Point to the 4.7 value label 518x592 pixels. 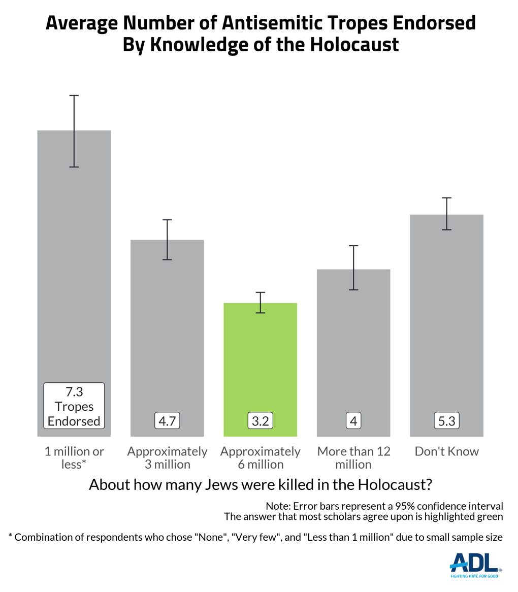pos(167,421)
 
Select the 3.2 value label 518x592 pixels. pos(260,421)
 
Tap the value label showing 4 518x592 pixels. pos(353,421)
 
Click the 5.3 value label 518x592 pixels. pos(446,421)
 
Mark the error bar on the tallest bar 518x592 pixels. pos(74,131)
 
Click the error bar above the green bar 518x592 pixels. pos(260,303)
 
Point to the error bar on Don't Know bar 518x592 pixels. pos(446,214)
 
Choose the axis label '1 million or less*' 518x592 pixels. pos(74,457)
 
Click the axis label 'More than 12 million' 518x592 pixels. pos(353,457)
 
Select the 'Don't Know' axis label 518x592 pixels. pos(446,451)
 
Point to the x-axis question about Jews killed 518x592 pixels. pos(260,484)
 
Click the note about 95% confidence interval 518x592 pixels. pos(384,506)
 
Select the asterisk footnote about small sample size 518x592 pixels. pos(255,537)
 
